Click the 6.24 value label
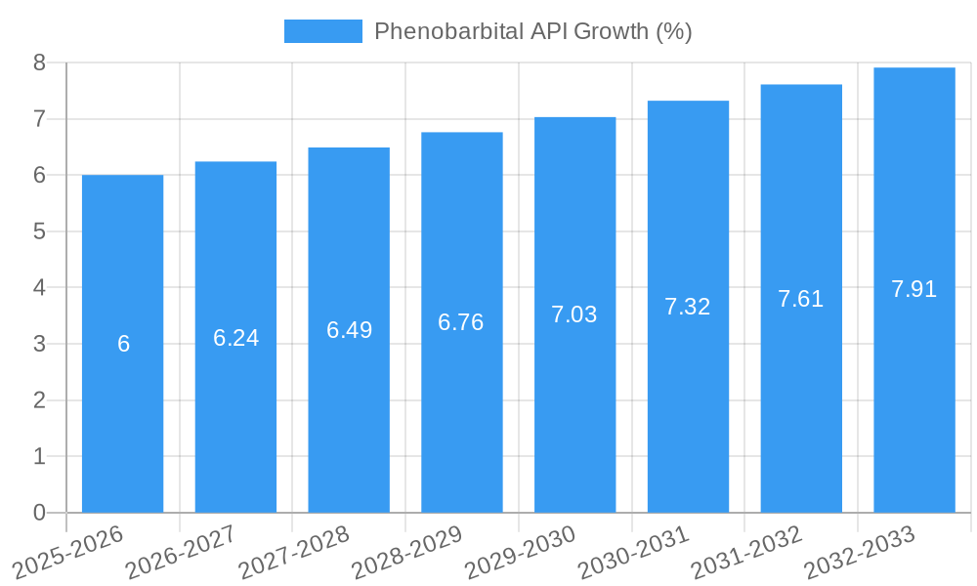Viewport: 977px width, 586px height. [235, 338]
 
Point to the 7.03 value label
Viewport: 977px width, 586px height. [574, 314]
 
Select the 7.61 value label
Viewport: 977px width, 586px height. [800, 299]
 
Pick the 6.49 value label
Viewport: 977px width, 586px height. [349, 330]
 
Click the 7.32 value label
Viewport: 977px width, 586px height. [687, 307]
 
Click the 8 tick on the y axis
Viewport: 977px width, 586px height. [39, 63]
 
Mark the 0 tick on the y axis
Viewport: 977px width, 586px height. [39, 513]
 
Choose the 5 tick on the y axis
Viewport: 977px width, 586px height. [39, 231]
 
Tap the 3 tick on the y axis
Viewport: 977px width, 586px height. [39, 344]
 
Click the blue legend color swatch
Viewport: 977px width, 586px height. [322, 31]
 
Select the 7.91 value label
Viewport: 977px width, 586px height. [913, 289]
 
